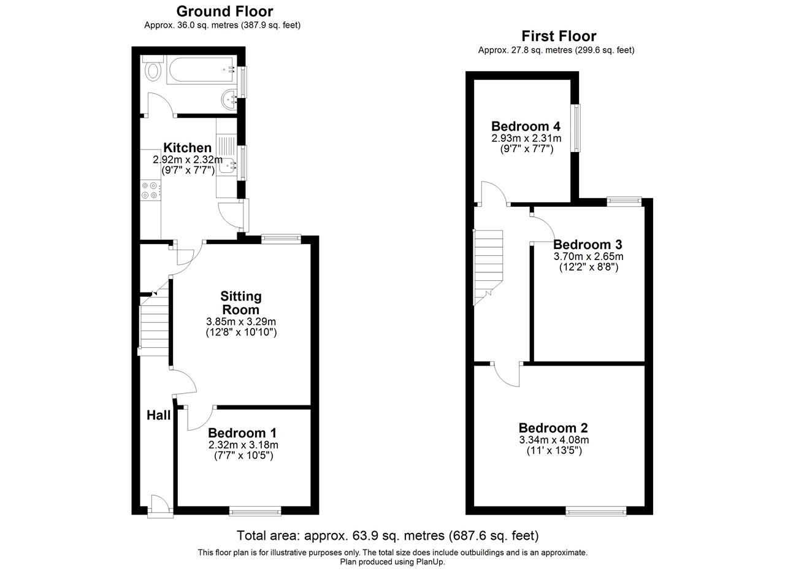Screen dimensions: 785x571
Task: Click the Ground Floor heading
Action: tap(224, 12)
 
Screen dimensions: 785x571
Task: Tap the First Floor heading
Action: tap(559, 36)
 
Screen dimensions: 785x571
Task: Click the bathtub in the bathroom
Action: tap(201, 70)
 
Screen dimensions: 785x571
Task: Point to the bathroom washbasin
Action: tap(229, 99)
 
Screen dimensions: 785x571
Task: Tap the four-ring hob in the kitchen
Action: tap(150, 190)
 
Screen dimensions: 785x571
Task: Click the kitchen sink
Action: tap(228, 166)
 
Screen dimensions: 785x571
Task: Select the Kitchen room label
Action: tap(188, 148)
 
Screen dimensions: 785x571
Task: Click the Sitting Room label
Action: tap(241, 303)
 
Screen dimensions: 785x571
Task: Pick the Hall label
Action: tap(158, 415)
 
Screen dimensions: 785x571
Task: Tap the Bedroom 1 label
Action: tap(242, 433)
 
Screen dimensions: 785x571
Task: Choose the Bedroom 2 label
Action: tap(553, 428)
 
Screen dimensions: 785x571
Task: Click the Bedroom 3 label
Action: tap(588, 244)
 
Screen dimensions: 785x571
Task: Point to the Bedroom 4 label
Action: tap(526, 126)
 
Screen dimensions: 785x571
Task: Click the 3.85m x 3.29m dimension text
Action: tap(241, 321)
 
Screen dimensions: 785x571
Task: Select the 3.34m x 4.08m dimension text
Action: tap(554, 440)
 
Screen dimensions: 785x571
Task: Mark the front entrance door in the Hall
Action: tap(161, 506)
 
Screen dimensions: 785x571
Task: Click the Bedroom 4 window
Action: tap(576, 128)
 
